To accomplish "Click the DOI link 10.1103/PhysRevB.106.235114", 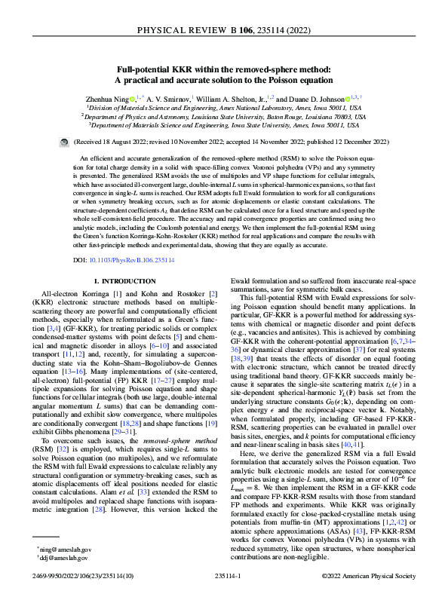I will pos(141,239).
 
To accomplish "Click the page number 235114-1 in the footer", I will pos(222,576).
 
